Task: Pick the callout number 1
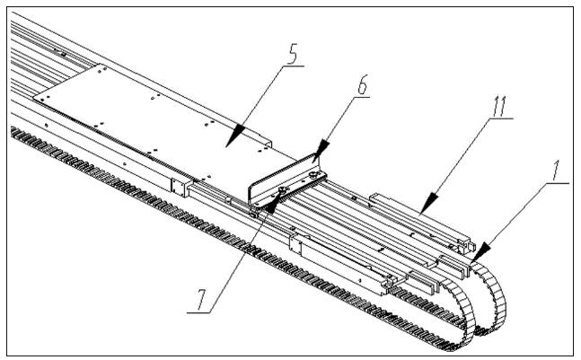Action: click(x=559, y=168)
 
